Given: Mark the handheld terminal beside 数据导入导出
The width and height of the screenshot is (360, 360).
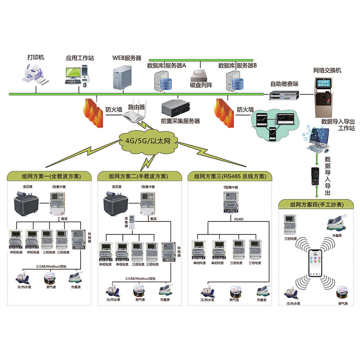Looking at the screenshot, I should pos(315,174).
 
